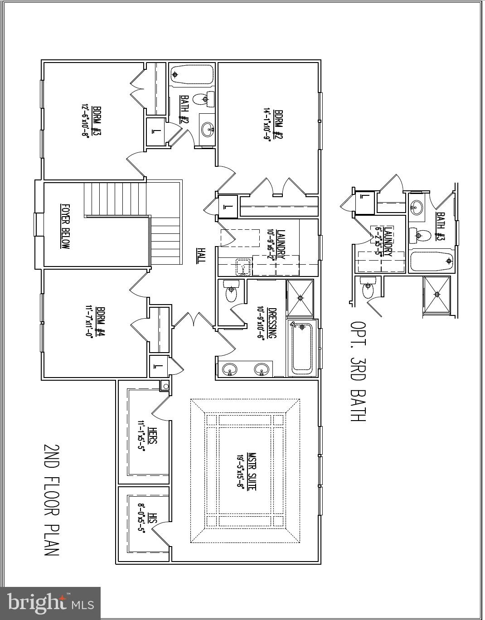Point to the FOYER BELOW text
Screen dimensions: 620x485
point(66,226)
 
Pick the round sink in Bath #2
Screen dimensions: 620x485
point(208,129)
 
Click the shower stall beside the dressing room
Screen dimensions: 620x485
point(300,298)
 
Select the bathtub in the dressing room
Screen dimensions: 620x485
point(301,348)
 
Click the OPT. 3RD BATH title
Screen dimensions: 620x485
point(358,372)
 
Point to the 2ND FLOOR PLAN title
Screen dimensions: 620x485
point(51,499)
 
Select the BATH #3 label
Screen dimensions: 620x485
point(440,227)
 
